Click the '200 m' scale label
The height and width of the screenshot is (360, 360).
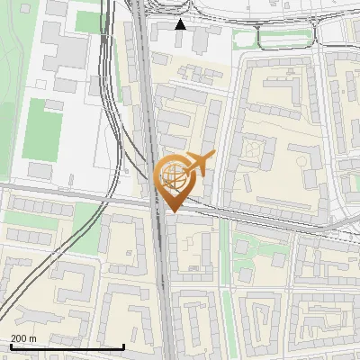(23, 337)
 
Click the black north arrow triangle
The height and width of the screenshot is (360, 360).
(180, 24)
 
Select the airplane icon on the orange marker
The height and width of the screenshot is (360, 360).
(201, 164)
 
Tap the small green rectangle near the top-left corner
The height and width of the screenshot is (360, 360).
(87, 21)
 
